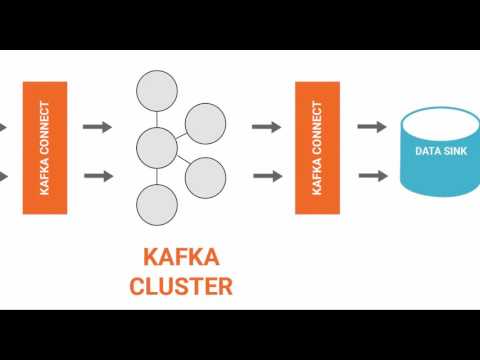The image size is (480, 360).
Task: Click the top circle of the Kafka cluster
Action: pos(155,91)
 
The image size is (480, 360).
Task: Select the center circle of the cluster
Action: pos(156,146)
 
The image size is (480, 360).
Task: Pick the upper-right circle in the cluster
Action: pos(205,123)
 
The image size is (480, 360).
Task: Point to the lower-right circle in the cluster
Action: pos(204,176)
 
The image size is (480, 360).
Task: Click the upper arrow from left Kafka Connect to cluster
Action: pos(97,126)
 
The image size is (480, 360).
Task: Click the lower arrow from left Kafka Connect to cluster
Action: pos(97,177)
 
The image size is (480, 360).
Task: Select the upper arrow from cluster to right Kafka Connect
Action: pos(265,126)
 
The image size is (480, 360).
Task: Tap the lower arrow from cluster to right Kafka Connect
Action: pos(265,177)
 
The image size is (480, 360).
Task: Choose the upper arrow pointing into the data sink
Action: pos(372,126)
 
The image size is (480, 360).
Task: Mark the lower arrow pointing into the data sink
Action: pos(372,177)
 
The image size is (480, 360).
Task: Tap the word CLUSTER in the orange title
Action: pos(180,286)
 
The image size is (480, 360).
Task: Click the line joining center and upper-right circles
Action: pos(181,135)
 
